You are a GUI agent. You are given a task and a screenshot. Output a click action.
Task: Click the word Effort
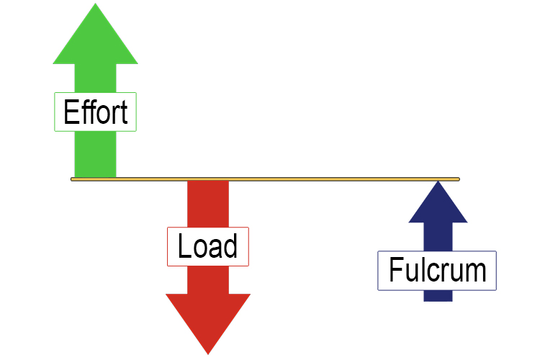click(95, 113)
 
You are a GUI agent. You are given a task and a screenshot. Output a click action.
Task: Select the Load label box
click(207, 246)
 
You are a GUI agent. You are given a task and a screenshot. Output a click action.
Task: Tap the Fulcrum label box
click(437, 271)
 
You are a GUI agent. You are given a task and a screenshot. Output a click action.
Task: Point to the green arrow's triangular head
click(95, 36)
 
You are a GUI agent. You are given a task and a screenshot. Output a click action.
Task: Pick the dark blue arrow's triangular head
click(437, 205)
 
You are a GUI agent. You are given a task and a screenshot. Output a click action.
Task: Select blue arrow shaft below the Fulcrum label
click(438, 296)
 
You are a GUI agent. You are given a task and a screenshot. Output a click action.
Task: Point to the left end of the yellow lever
click(73, 179)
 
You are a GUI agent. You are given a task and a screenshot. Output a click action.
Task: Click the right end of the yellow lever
click(457, 179)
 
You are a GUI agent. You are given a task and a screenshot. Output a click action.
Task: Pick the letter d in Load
click(230, 246)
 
